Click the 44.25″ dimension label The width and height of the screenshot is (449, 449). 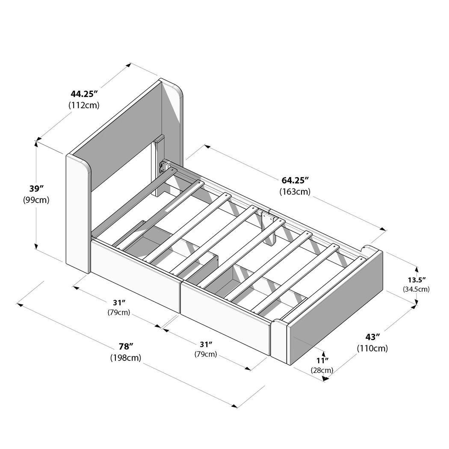coord(84,93)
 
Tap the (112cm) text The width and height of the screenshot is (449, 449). coord(84,105)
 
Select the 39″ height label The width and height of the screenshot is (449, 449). coord(37,188)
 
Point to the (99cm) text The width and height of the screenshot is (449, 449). coord(36,200)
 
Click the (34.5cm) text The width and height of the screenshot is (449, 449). coord(416,289)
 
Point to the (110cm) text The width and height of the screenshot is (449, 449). coord(372,349)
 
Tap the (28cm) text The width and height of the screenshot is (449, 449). coord(322,370)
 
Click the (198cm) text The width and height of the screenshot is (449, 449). coord(126,357)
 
